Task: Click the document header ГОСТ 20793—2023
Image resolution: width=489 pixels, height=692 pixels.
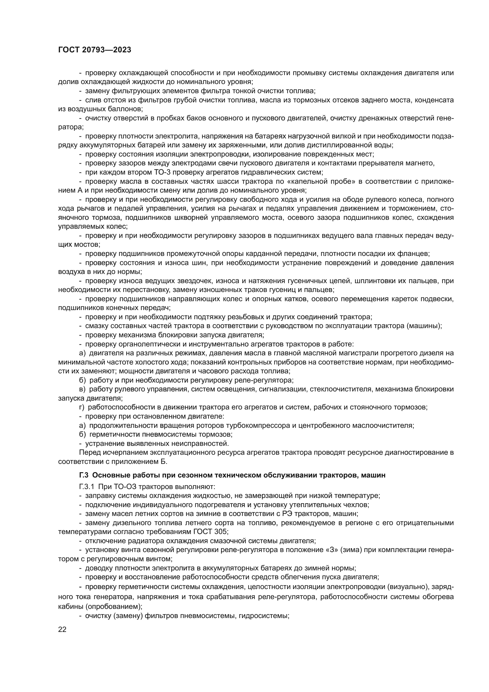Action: coord(95,50)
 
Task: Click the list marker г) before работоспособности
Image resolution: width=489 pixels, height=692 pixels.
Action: coord(82,407)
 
